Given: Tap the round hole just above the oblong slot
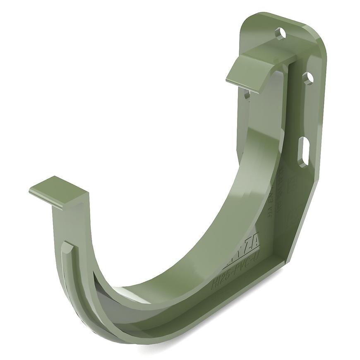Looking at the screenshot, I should (308, 77).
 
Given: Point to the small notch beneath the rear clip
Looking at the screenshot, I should (247, 94).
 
